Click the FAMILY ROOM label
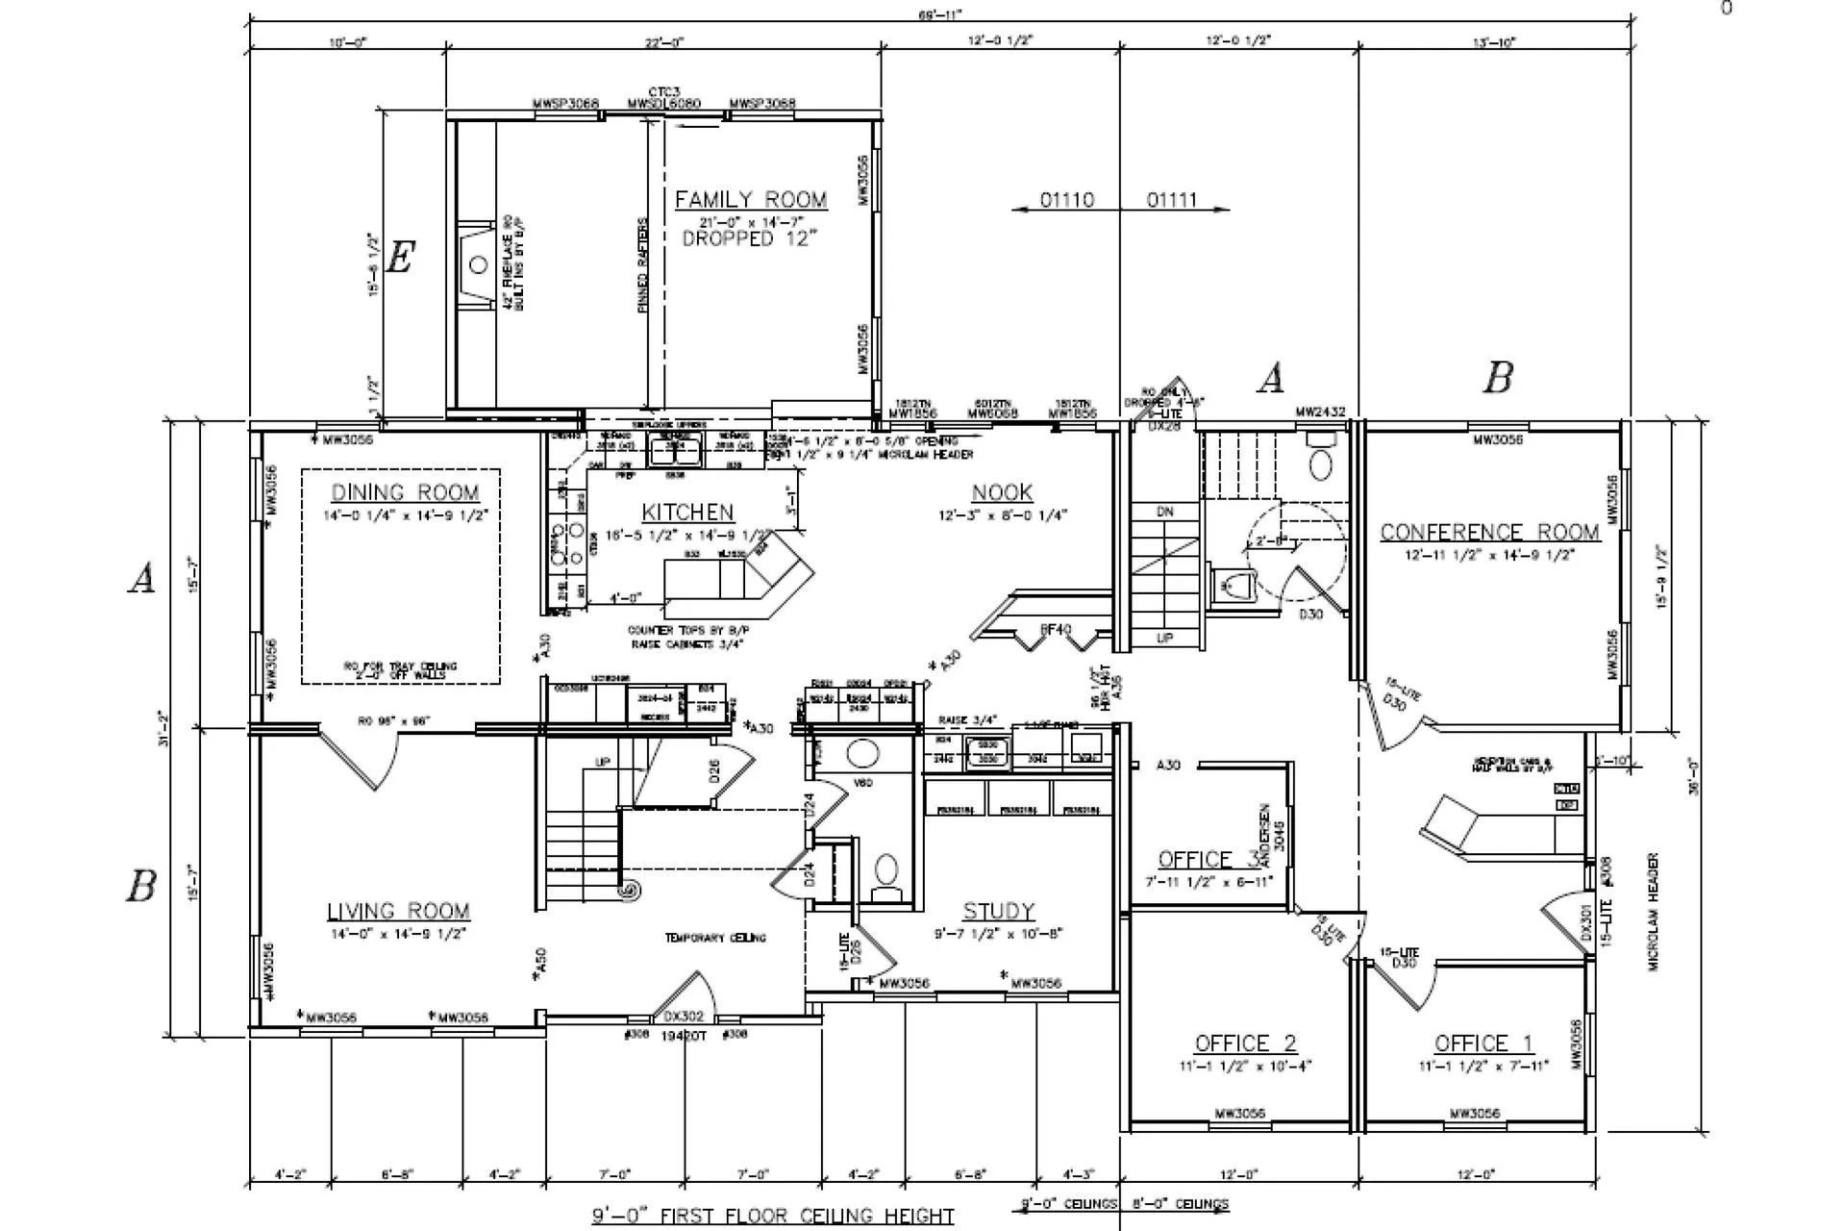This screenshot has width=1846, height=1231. coord(750,200)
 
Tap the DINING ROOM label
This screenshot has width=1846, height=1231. coord(405,493)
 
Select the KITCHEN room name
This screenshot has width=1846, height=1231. coord(687,513)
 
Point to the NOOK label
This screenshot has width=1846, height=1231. coord(1002,493)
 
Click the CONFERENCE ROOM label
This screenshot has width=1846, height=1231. coord(1489,532)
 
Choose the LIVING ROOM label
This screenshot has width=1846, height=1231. coord(398,912)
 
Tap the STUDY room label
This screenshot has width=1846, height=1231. coord(998,912)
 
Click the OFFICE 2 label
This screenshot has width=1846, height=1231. coord(1245,1043)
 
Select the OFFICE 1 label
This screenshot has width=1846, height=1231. coord(1483,1043)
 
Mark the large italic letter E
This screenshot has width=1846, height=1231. coord(399,258)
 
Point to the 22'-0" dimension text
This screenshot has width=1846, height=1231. coord(663,42)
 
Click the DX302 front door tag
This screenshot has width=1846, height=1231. coord(684,1017)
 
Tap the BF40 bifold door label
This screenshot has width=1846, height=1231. coord(1055,630)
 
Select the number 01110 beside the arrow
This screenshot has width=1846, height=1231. coord(1066,200)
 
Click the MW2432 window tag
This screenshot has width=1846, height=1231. coord(1319,413)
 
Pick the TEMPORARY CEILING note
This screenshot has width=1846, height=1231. coord(715,938)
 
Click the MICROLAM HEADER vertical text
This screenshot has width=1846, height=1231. coord(1654,911)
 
